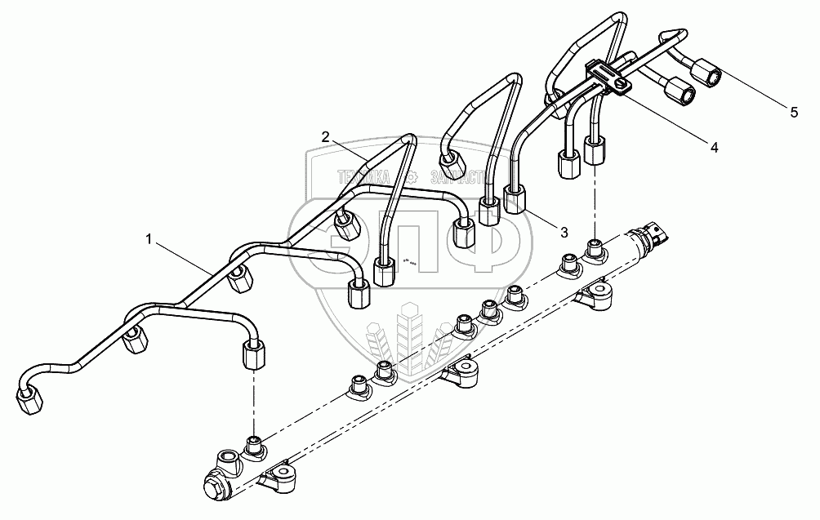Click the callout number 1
click(x=148, y=238)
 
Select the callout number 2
click(x=325, y=137)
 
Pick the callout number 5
click(x=793, y=113)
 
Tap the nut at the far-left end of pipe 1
click(x=29, y=399)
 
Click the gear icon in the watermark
click(x=414, y=176)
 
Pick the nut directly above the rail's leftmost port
click(x=255, y=356)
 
